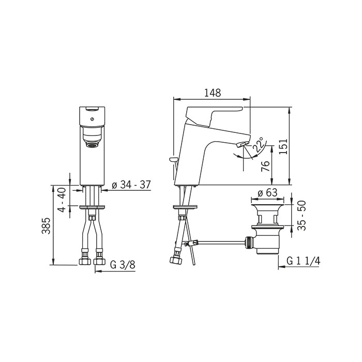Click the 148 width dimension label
[213, 93]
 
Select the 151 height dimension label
[283, 146]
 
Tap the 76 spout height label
[265, 166]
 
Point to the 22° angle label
[258, 144]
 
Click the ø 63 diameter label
[267, 192]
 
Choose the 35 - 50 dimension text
[301, 216]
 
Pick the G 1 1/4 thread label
[304, 261]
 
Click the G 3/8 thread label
[123, 265]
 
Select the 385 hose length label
[46, 226]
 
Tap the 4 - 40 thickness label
[62, 200]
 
